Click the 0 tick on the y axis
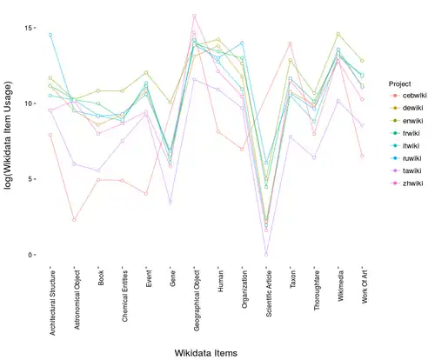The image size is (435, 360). pyautogui.click(x=31, y=255)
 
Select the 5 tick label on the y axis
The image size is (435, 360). pyautogui.click(x=31, y=179)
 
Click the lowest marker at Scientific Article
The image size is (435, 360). pyautogui.click(x=266, y=255)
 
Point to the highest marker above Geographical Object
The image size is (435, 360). pyautogui.click(x=194, y=16)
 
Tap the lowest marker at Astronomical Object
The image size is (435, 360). pyautogui.click(x=74, y=220)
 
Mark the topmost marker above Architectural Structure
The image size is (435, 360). pyautogui.click(x=50, y=35)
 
